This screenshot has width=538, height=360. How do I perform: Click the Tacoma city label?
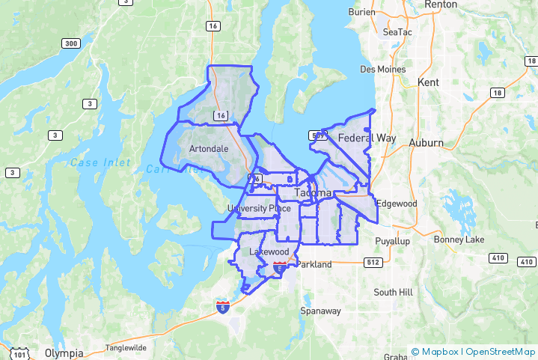click(x=313, y=193)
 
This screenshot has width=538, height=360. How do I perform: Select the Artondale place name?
click(x=210, y=149)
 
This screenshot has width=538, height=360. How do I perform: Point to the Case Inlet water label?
click(x=100, y=162)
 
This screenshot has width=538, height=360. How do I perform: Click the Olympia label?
click(x=62, y=352)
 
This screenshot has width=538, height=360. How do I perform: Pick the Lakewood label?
click(x=269, y=251)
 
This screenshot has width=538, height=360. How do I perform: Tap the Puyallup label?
click(x=393, y=241)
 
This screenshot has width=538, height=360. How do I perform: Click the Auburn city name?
click(x=426, y=142)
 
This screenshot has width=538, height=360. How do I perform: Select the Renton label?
click(x=441, y=4)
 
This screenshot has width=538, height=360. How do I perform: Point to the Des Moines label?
click(x=383, y=70)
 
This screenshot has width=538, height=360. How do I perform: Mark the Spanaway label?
click(x=320, y=311)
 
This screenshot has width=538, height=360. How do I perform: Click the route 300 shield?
click(x=72, y=44)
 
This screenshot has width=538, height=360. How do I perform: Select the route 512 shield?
click(x=373, y=263)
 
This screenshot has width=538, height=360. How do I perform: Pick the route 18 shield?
click(x=498, y=92)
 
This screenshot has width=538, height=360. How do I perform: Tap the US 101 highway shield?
click(x=21, y=353)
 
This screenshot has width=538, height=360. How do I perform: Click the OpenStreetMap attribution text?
click(x=501, y=351)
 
